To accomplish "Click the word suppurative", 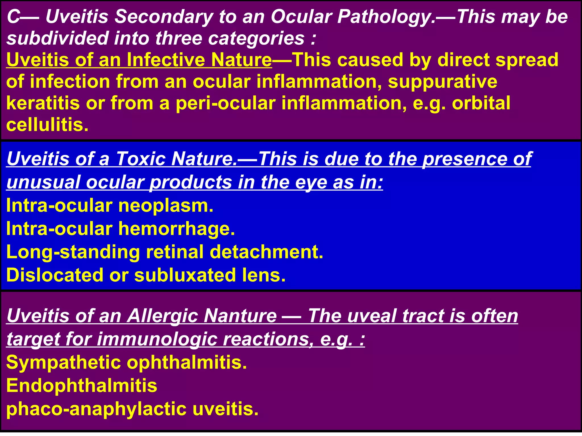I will coord(442,82).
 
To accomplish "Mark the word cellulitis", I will coord(47,125).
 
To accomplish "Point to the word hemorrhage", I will coord(176,229).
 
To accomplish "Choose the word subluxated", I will coord(185,275).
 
